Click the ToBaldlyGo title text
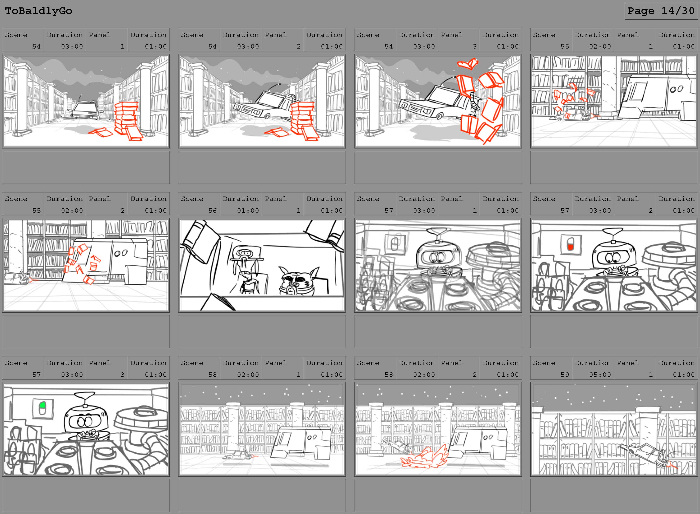click(39, 11)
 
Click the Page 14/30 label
click(661, 11)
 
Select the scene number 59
click(565, 375)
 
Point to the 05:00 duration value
click(600, 375)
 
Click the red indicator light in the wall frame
click(570, 247)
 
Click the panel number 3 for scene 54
click(475, 46)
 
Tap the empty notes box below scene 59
click(614, 495)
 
